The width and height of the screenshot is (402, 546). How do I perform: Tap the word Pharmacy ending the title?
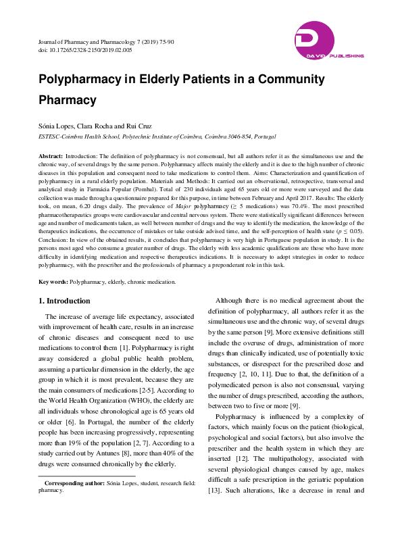67,99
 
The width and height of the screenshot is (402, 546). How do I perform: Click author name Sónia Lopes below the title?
55,126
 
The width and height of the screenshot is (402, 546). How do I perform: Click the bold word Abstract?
51,155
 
